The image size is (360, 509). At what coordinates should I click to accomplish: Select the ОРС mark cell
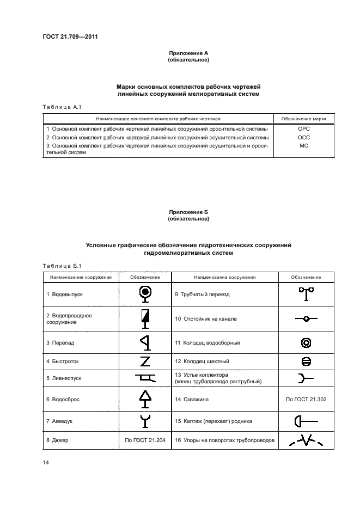(x=304, y=129)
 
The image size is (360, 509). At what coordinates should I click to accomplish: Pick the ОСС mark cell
(x=304, y=137)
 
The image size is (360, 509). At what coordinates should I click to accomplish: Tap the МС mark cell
(x=304, y=146)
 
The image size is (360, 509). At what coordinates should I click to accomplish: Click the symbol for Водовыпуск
(x=145, y=293)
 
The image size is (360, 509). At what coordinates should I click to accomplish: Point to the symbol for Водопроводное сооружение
(x=145, y=318)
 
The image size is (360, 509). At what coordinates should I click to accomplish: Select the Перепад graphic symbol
(x=145, y=342)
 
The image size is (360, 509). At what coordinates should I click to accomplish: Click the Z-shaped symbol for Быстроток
(x=145, y=361)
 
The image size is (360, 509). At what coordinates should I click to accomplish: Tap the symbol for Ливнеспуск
(x=145, y=377)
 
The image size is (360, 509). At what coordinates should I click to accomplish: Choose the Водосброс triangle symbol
(x=145, y=398)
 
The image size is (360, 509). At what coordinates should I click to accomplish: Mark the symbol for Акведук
(x=145, y=420)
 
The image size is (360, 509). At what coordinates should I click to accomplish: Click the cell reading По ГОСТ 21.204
(x=144, y=440)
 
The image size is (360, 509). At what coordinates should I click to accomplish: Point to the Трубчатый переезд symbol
(x=306, y=294)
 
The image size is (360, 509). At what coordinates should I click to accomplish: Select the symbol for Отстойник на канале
(x=306, y=318)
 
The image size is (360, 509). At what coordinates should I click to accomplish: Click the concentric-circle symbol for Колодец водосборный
(x=306, y=342)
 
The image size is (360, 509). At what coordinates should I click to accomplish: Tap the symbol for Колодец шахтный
(x=306, y=361)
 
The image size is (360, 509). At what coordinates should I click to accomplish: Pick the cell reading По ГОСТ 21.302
(x=306, y=399)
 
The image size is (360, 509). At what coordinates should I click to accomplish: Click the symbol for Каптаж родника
(x=306, y=421)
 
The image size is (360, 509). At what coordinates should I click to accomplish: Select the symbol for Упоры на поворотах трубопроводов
(x=306, y=440)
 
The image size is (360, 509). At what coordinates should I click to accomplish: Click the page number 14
(x=46, y=462)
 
